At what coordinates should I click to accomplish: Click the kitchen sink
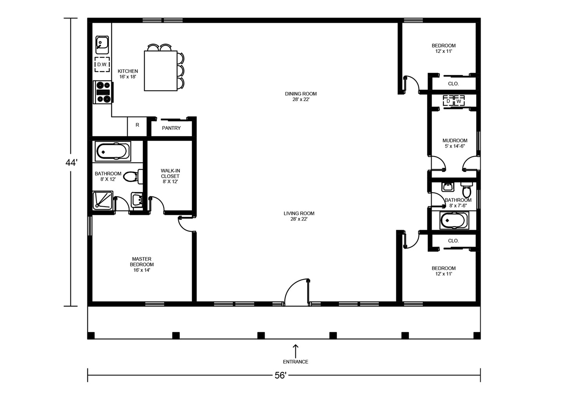pyautogui.click(x=102, y=45)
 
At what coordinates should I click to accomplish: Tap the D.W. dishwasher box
pyautogui.click(x=102, y=65)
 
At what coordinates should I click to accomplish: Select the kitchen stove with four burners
pyautogui.click(x=103, y=92)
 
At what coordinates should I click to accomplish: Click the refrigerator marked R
pyautogui.click(x=137, y=126)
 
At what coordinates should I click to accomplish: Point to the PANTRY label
pyautogui.click(x=171, y=128)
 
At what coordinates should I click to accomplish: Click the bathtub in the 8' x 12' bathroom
pyautogui.click(x=113, y=151)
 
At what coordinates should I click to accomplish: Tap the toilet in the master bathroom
pyautogui.click(x=133, y=176)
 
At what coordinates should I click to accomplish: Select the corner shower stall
pyautogui.click(x=103, y=200)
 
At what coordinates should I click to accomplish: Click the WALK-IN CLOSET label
pyautogui.click(x=170, y=176)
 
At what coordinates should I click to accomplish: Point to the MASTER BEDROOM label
pyautogui.click(x=142, y=265)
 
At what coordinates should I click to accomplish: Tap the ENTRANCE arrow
pyautogui.click(x=295, y=351)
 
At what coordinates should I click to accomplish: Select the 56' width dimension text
pyautogui.click(x=280, y=375)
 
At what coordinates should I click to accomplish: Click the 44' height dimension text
pyautogui.click(x=71, y=163)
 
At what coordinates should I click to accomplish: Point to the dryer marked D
pyautogui.click(x=448, y=101)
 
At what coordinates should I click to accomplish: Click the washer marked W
pyautogui.click(x=459, y=101)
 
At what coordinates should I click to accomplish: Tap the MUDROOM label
pyautogui.click(x=455, y=143)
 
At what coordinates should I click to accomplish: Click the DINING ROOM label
pyautogui.click(x=301, y=96)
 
